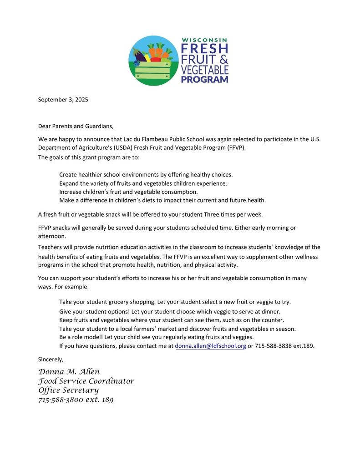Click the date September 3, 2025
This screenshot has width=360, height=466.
click(x=63, y=100)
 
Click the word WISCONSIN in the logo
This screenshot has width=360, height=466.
click(x=204, y=40)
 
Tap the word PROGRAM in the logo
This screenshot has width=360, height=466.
click(x=204, y=80)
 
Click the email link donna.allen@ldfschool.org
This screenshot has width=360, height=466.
click(x=210, y=345)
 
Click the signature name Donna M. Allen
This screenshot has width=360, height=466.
click(x=69, y=372)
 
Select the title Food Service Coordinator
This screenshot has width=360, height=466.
click(x=86, y=381)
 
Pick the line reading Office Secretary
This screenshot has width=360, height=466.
click(x=68, y=390)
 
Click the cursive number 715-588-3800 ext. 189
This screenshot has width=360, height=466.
click(x=76, y=400)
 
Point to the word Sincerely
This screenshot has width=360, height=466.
click(x=51, y=359)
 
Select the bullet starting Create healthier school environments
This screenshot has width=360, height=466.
click(x=146, y=175)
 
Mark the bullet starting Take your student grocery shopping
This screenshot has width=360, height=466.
click(x=175, y=302)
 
